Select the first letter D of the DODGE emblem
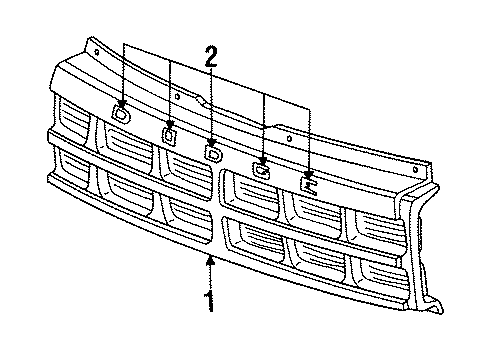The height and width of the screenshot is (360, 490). point(121,114)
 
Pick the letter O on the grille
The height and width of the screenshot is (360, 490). point(168,133)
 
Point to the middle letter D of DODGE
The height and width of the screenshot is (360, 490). point(212,153)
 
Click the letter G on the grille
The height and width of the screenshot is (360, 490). point(261,169)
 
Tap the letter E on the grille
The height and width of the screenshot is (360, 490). point(309,183)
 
